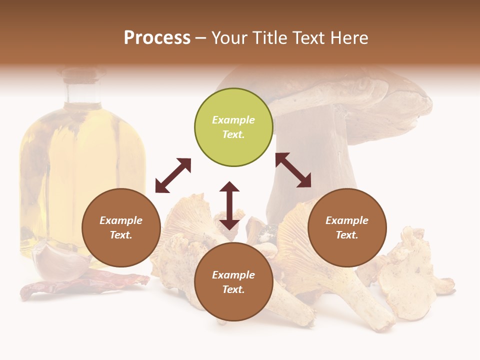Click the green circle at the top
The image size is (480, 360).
pyautogui.click(x=233, y=127)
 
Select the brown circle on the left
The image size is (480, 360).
pyautogui.click(x=121, y=227)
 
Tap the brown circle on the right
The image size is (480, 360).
pyautogui.click(x=347, y=227)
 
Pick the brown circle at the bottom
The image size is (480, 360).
pyautogui.click(x=233, y=282)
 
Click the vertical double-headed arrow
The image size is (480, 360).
pyautogui.click(x=229, y=205)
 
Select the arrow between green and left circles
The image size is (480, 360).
pyautogui.click(x=173, y=175)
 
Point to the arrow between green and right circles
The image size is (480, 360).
pyautogui.click(x=293, y=170)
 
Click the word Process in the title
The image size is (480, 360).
pyautogui.click(x=157, y=37)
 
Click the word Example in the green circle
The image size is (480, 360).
pyautogui.click(x=233, y=120)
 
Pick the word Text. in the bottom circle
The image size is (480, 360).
pyautogui.click(x=233, y=289)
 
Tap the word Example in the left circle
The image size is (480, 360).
pyautogui.click(x=121, y=220)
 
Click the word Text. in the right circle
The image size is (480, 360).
pyautogui.click(x=347, y=235)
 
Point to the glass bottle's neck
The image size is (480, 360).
pyautogui.click(x=83, y=90)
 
